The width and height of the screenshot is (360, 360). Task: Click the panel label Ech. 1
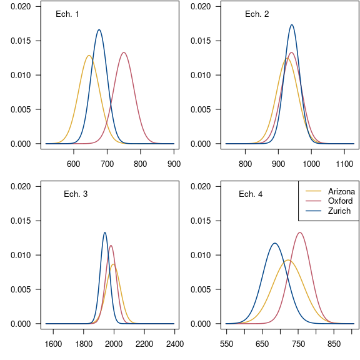click(x=67, y=14)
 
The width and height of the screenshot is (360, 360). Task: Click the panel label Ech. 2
click(x=257, y=14)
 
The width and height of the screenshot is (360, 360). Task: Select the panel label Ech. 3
click(x=76, y=194)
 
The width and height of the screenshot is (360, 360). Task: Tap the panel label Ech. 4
click(x=251, y=194)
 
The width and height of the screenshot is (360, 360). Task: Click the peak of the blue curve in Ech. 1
click(x=99, y=29)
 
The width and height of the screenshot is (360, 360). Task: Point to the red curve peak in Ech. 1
click(x=124, y=52)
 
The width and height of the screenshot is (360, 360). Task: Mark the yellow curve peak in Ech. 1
click(x=89, y=56)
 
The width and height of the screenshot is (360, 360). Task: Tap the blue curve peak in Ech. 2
click(x=292, y=25)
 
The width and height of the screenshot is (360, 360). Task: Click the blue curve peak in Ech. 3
click(x=105, y=232)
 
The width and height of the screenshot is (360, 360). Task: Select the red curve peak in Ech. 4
click(x=301, y=232)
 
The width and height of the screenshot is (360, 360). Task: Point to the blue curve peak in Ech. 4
click(x=274, y=243)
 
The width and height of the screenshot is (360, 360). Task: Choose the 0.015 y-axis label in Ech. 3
click(x=20, y=221)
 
